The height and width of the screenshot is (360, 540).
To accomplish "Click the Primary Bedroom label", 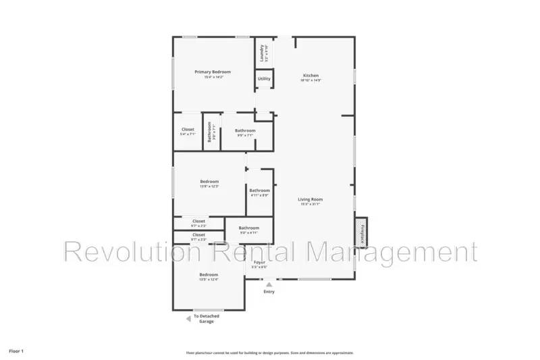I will (213, 72).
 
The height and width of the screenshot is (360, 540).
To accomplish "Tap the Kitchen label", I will (310, 75).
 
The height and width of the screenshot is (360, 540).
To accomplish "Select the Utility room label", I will (264, 79).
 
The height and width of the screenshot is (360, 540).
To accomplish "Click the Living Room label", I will (310, 199).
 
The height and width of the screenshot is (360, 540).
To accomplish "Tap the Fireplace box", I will (362, 231).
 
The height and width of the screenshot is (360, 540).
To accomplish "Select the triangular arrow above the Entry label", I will (269, 285).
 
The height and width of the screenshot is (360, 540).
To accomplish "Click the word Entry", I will (269, 292).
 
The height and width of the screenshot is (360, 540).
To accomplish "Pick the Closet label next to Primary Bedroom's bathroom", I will (188, 130).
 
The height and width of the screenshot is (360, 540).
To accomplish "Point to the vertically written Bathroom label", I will (211, 131).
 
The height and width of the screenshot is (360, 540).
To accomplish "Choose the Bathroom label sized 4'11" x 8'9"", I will (259, 190).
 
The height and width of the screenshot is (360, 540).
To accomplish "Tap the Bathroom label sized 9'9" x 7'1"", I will (245, 130).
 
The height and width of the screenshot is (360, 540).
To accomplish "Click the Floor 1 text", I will (16, 351).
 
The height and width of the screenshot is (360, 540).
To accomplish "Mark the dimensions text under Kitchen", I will (310, 80).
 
